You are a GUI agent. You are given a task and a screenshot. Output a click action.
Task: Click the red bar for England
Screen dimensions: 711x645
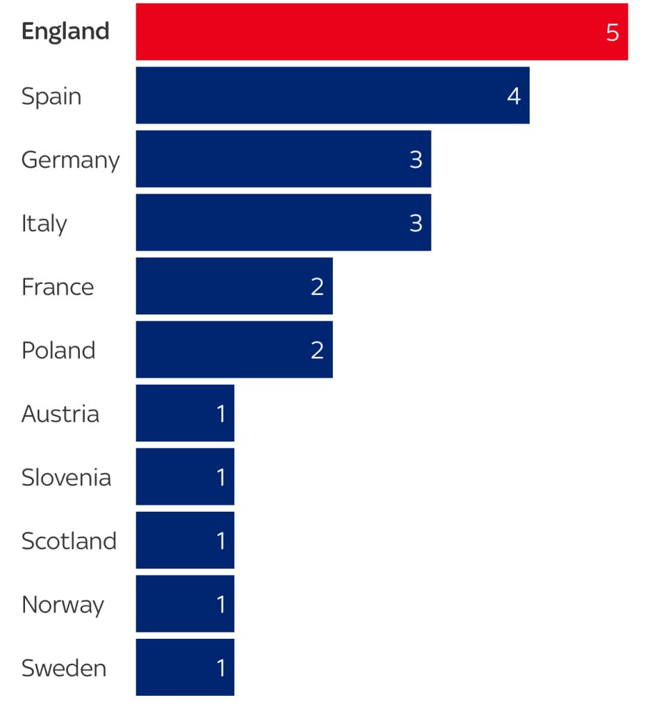click(382, 32)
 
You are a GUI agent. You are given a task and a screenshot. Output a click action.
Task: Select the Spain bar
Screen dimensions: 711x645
click(332, 96)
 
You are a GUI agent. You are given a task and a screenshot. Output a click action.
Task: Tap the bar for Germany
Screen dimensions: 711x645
click(283, 159)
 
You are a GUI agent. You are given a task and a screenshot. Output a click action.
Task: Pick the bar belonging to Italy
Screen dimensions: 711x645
click(283, 223)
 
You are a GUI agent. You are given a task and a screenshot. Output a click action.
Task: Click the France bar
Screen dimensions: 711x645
click(234, 286)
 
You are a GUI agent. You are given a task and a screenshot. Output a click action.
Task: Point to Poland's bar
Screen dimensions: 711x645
click(234, 350)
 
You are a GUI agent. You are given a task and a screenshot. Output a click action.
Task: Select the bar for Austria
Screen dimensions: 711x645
click(185, 413)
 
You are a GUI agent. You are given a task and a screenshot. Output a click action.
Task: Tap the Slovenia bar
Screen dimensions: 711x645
click(185, 477)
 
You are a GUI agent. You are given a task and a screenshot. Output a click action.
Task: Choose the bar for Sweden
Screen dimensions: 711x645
click(185, 667)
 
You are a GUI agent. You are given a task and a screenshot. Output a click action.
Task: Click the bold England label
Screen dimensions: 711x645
click(65, 32)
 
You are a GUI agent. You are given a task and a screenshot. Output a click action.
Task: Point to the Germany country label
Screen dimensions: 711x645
click(70, 160)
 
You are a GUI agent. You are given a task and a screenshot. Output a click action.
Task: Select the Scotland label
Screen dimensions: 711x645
click(69, 541)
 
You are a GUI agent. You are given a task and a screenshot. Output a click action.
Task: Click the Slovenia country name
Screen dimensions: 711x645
click(66, 478)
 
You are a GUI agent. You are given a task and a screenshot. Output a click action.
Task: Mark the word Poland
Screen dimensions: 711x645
click(58, 351)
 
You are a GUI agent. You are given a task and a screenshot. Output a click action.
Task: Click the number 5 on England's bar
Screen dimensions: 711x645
click(612, 33)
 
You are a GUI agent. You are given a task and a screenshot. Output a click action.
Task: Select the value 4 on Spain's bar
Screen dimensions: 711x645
click(514, 96)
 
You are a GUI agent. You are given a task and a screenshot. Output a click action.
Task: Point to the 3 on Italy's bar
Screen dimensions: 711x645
click(416, 223)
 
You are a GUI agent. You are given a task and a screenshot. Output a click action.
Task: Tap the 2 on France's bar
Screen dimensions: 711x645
click(317, 287)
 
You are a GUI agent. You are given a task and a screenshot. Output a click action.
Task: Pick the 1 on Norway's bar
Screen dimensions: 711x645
click(221, 604)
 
